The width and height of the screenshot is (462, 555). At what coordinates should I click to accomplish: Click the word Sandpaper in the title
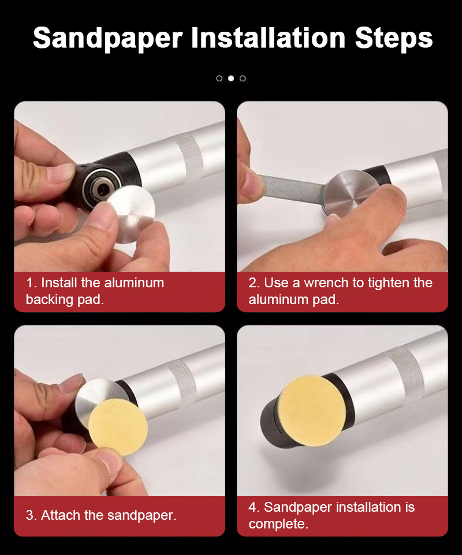[108, 39]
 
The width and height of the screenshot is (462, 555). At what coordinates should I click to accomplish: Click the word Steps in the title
[394, 39]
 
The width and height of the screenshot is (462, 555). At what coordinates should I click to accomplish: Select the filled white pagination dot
[231, 78]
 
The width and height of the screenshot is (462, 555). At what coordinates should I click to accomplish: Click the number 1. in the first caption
[32, 283]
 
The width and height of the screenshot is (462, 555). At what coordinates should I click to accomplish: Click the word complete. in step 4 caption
[278, 524]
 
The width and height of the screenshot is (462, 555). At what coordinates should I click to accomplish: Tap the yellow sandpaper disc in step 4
[311, 411]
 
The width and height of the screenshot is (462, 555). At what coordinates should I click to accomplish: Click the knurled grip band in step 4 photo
[405, 375]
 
